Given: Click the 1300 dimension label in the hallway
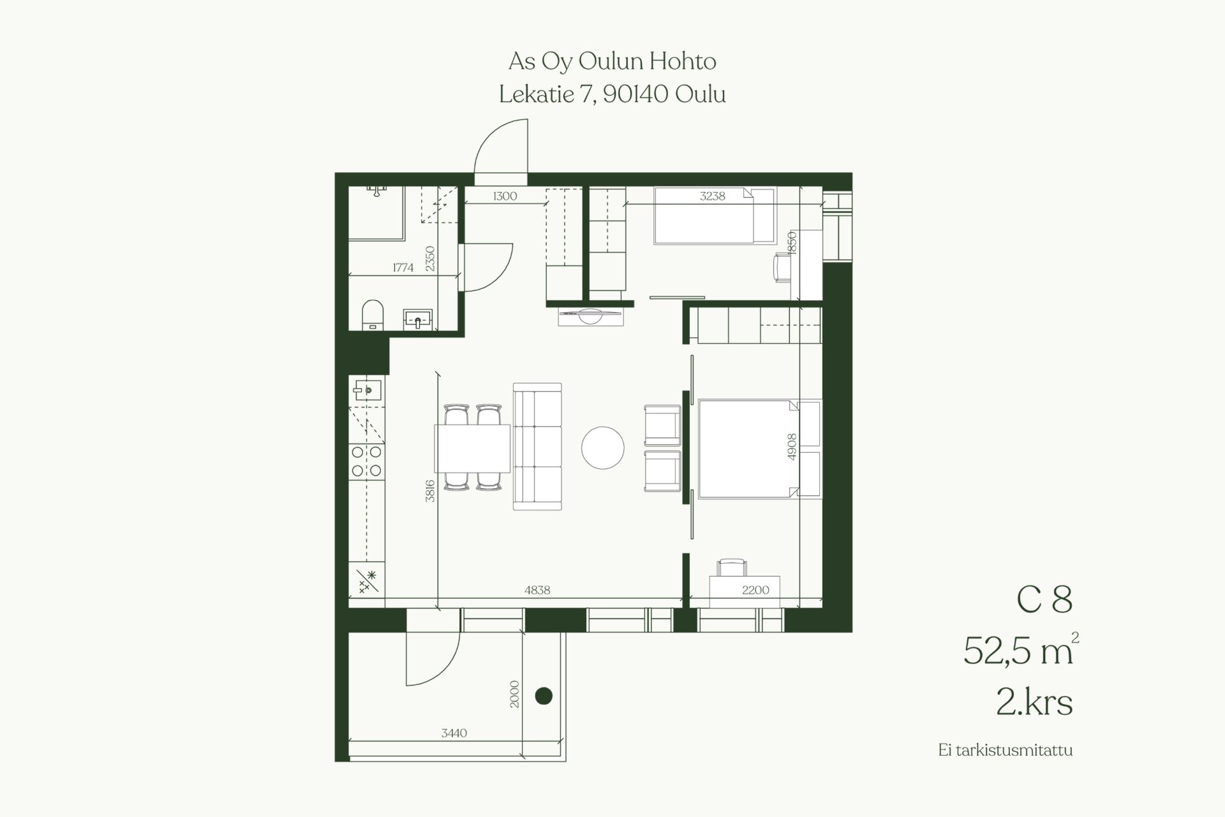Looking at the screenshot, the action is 505,196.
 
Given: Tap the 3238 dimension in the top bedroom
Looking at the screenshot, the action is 712,196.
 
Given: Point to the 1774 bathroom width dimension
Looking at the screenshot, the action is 403,268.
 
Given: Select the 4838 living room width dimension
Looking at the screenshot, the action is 537,591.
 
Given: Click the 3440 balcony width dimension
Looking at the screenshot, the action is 454,733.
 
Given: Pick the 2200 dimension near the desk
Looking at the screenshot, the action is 755,591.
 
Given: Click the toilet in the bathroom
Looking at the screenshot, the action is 372,315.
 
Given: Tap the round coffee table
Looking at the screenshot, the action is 603,448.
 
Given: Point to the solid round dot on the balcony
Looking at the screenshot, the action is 544,696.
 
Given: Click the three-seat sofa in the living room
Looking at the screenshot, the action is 537,446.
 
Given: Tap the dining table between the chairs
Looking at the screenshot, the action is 473,448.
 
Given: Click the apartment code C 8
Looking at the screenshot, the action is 1044,600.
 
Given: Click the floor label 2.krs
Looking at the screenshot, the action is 1034,703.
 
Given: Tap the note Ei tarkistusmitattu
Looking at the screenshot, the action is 1006,750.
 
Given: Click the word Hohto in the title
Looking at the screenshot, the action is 683,61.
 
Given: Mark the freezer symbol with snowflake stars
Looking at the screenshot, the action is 367,581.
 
